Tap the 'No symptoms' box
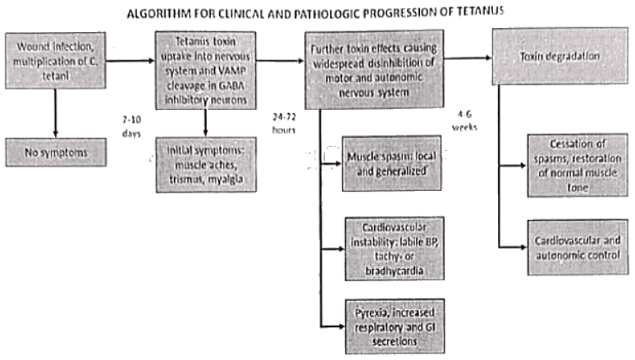(x=55, y=152)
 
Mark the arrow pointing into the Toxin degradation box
(x=468, y=58)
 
